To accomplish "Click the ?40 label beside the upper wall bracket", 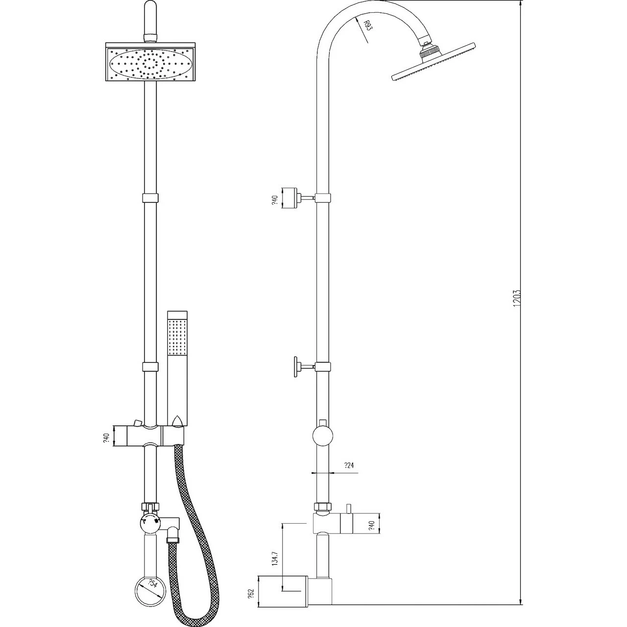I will tap(274, 201).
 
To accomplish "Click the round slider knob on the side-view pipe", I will tap(322, 435).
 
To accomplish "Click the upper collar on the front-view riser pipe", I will tap(150, 198).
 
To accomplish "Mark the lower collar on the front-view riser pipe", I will tap(150, 367).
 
